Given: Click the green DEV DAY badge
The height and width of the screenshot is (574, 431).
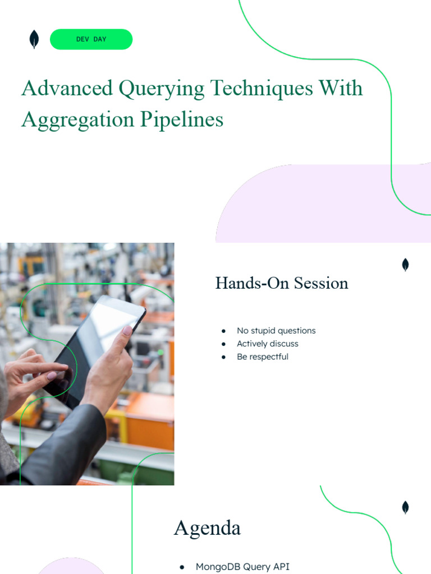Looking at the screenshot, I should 91,39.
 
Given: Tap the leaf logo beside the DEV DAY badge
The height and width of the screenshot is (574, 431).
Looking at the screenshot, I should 34,39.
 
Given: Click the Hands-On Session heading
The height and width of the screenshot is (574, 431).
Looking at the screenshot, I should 282,283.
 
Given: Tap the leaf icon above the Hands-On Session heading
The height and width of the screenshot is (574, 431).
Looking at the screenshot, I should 405,265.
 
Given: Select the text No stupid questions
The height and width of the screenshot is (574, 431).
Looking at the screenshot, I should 276,331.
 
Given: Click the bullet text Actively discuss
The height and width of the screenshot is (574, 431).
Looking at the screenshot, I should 267,344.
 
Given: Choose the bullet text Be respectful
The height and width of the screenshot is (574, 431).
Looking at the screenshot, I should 262,357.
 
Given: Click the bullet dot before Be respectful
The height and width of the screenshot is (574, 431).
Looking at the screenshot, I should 224,357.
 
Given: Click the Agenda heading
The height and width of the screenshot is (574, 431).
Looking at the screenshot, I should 207,528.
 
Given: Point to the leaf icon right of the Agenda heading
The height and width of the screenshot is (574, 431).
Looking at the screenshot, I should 405,508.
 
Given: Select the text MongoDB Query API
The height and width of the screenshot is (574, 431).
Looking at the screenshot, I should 242,567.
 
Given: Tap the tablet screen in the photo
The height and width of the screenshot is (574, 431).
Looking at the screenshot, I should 95,342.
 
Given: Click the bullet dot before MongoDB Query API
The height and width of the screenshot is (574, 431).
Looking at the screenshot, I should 182,567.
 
